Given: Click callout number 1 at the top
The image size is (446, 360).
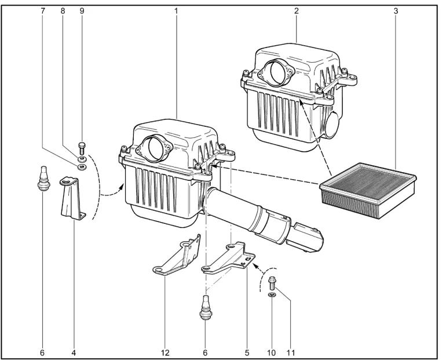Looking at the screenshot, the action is point(176,11).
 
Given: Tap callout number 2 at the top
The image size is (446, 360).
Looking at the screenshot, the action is point(297,11).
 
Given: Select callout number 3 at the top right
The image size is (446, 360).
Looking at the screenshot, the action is point(396,11).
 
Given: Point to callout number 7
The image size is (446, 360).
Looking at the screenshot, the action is point(43,11).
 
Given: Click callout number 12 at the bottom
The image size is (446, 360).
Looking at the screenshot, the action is point(165,353).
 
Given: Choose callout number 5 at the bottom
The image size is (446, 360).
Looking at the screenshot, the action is point(247,353).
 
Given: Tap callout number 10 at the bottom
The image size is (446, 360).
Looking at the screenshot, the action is point(272,353).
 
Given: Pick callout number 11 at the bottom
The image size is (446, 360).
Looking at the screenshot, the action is point(290,353).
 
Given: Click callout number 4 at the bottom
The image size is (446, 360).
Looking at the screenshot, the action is point(74,353).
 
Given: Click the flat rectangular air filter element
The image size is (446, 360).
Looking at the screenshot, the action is point(368,190).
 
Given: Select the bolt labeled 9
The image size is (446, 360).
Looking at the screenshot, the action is point(82,148).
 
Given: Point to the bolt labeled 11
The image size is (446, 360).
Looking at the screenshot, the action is point(272,283).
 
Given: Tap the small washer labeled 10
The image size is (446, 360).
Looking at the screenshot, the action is point(272,295).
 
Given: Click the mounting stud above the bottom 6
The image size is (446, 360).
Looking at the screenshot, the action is point(205,308).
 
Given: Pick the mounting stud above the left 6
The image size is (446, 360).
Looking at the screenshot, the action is point(42,178).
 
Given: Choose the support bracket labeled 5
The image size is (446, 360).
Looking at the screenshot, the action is point(228,257).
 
